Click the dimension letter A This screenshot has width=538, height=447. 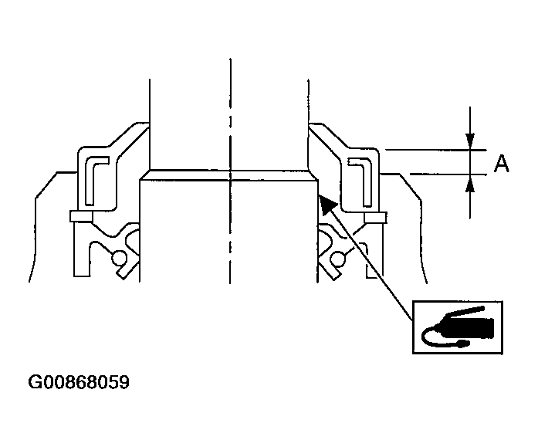click(502, 164)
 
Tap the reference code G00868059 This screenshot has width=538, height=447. click(79, 382)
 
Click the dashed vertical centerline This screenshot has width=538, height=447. click(230, 116)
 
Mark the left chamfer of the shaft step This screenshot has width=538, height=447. click(144, 175)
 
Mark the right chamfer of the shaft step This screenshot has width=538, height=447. click(313, 175)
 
